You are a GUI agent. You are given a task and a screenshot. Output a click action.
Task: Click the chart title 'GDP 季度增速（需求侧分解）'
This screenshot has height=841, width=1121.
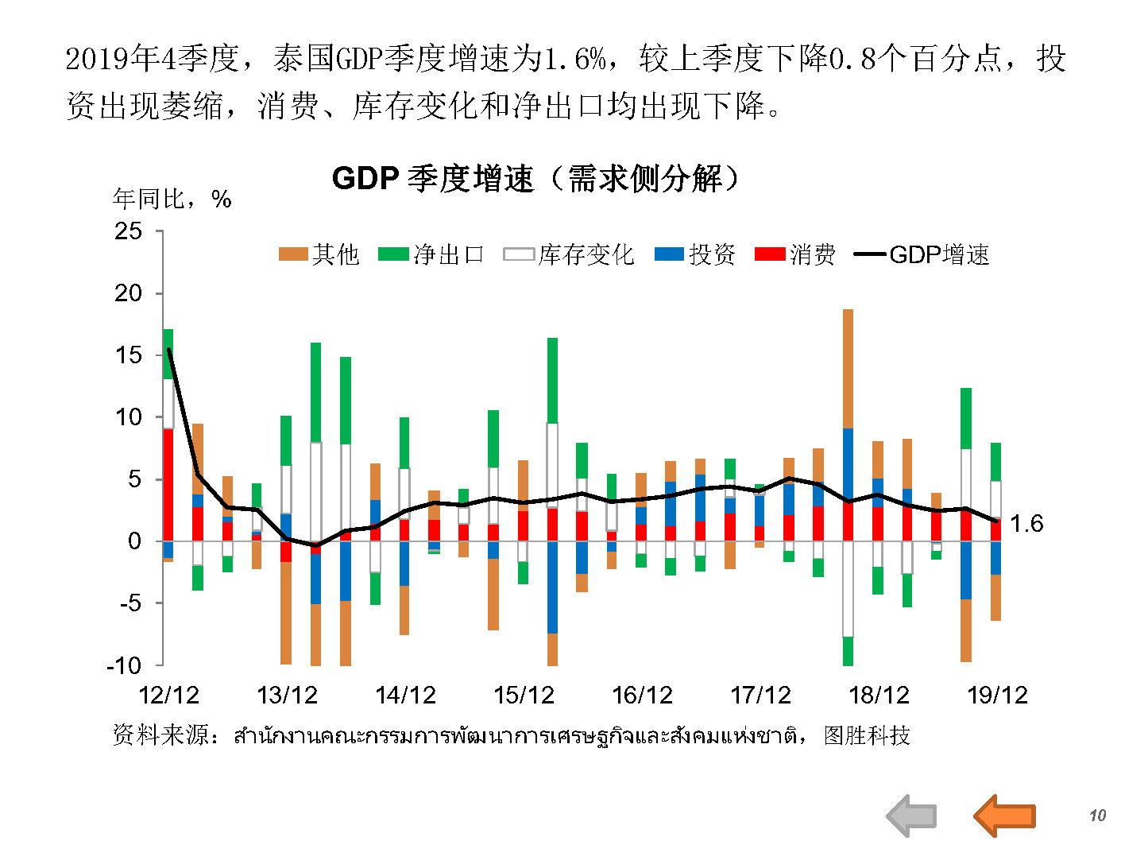click(x=535, y=178)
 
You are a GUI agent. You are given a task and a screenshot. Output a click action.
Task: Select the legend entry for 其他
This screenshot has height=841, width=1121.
click(x=319, y=254)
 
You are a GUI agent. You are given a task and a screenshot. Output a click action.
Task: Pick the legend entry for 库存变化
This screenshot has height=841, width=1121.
click(x=569, y=254)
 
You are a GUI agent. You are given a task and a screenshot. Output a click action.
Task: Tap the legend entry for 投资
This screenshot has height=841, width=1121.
click(x=695, y=254)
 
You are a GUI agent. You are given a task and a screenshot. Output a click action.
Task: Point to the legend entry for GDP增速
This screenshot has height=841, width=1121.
click(x=922, y=254)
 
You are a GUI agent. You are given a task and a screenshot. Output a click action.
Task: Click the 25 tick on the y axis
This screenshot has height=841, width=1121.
click(x=129, y=231)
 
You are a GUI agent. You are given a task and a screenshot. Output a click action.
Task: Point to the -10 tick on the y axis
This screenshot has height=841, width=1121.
click(x=124, y=665)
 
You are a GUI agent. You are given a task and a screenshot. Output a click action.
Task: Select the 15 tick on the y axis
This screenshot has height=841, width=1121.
click(x=129, y=355)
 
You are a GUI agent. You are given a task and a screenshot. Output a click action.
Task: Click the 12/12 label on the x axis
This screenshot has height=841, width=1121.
click(x=168, y=696)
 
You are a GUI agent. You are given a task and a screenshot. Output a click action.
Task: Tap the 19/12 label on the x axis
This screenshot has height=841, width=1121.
click(x=997, y=696)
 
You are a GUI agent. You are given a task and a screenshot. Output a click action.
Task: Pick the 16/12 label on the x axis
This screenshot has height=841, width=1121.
click(x=642, y=696)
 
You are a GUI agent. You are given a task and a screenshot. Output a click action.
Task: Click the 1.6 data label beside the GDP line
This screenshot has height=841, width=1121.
click(x=1026, y=524)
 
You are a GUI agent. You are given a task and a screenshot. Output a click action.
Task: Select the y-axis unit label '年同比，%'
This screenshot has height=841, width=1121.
click(x=172, y=199)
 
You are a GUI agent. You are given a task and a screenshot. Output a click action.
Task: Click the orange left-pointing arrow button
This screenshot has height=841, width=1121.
click(x=1004, y=815)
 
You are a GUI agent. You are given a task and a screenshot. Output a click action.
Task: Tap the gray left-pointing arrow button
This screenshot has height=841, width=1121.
click(x=911, y=816)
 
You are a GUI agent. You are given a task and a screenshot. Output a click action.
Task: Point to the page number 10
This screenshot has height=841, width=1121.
click(x=1097, y=816)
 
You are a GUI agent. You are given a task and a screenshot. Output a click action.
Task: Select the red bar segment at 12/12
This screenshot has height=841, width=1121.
click(x=168, y=484)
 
